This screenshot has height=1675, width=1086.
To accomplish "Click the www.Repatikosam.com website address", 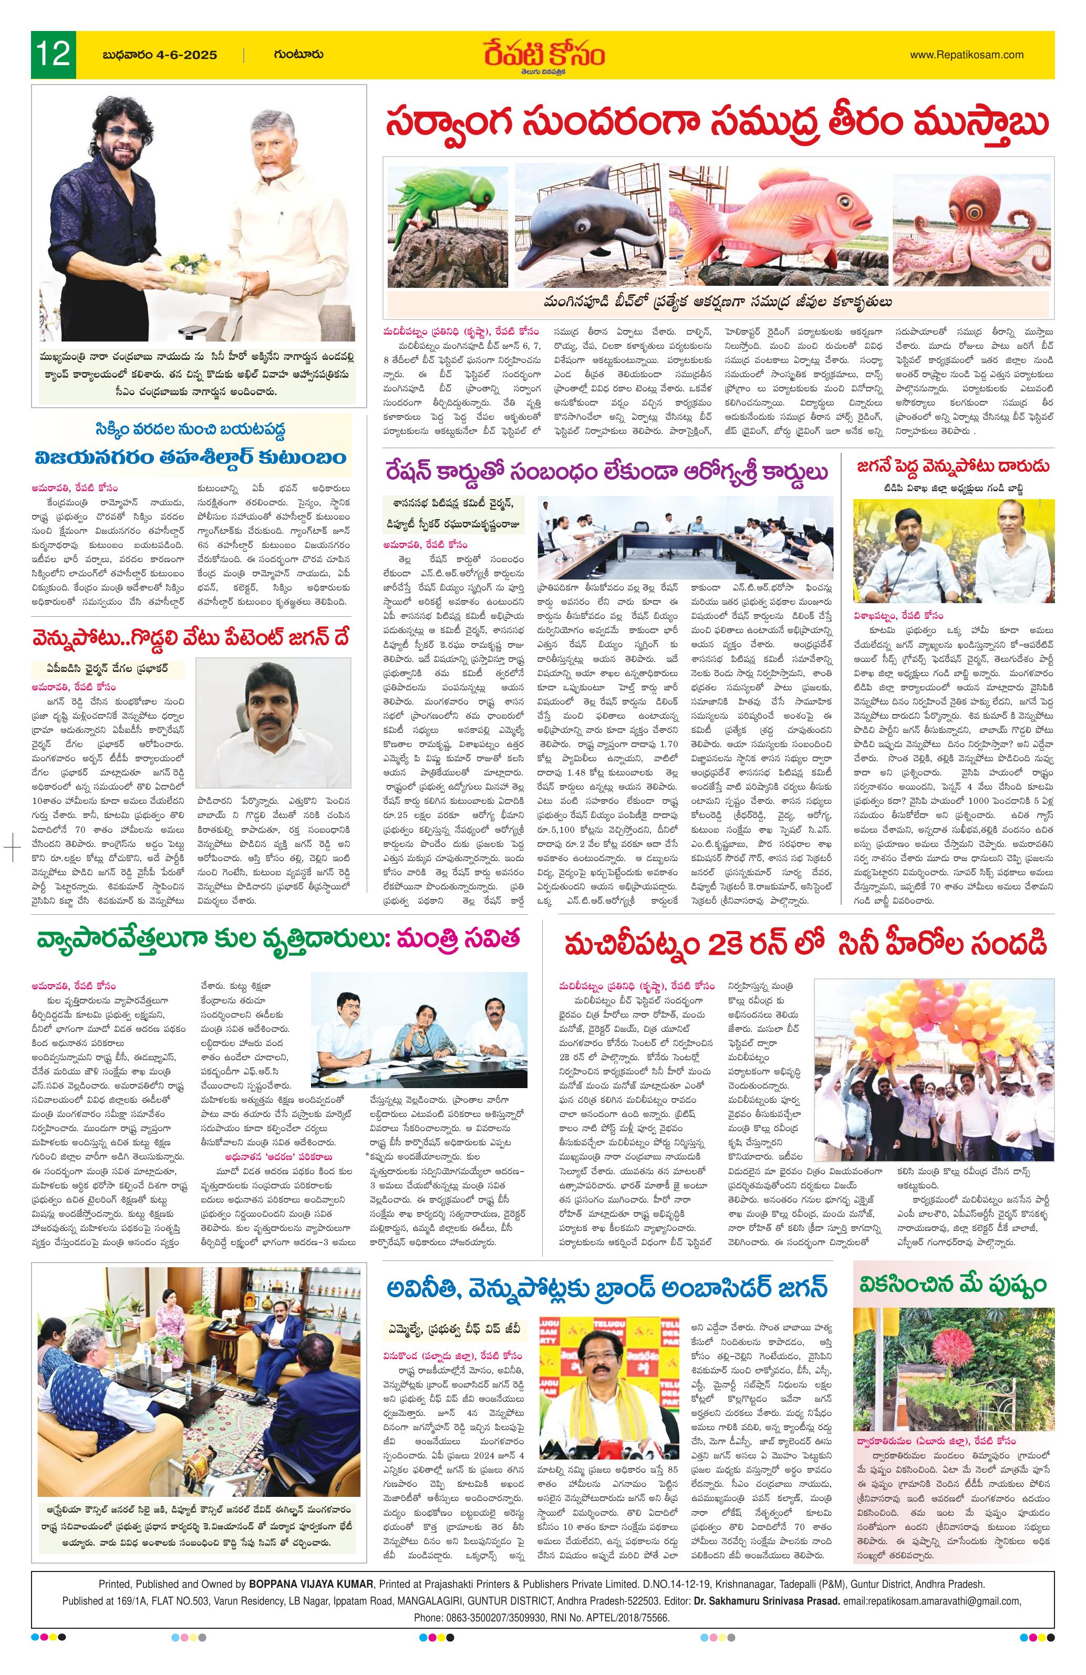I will (966, 54).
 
